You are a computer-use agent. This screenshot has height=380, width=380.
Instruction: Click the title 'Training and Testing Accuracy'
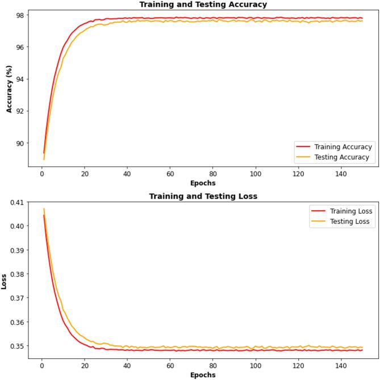203,5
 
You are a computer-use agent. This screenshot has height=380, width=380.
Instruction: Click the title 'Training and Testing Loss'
203,196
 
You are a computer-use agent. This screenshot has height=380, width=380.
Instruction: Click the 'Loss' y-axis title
5,282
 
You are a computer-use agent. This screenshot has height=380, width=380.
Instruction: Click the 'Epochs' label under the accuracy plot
203,183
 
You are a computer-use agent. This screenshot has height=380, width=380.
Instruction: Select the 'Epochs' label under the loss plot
203,375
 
